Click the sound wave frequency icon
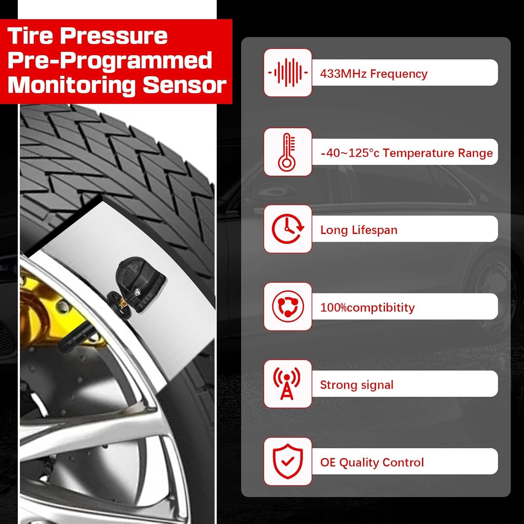288,73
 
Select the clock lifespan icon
288,229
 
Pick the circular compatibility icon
288,306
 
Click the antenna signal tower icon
287,384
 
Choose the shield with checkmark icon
288,461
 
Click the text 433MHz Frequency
373,74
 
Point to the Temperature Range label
407,153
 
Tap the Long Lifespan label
359,230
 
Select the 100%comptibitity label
367,307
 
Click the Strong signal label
357,385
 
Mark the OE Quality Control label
372,462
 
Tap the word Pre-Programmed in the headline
110,61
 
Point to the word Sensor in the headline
184,85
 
